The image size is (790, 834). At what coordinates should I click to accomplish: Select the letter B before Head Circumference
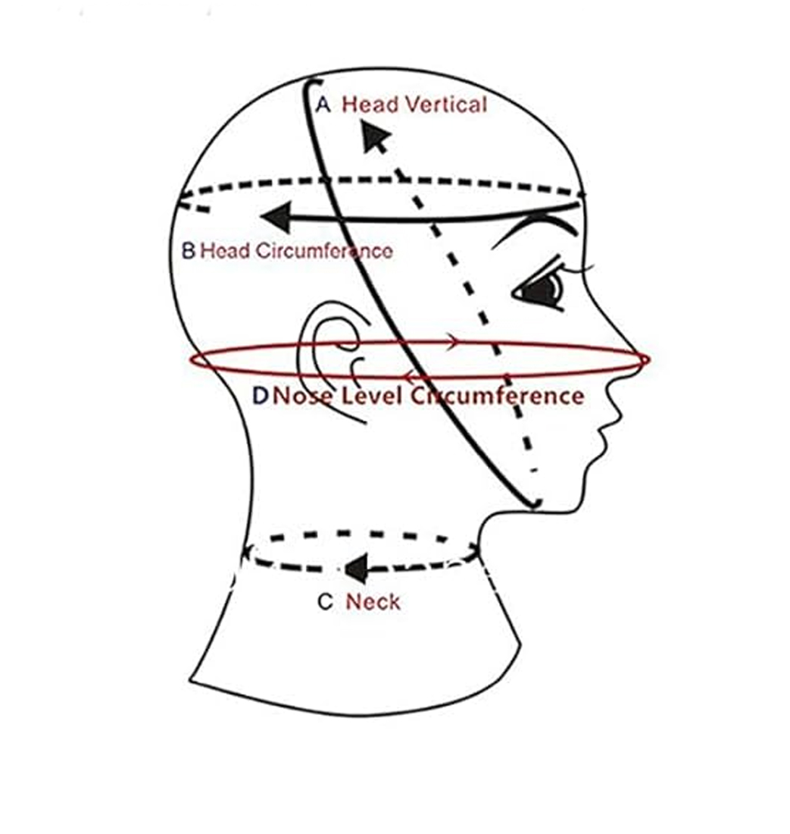(x=189, y=250)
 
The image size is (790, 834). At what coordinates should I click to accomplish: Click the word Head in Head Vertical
(x=370, y=105)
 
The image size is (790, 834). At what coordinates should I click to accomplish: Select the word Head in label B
(x=225, y=251)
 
